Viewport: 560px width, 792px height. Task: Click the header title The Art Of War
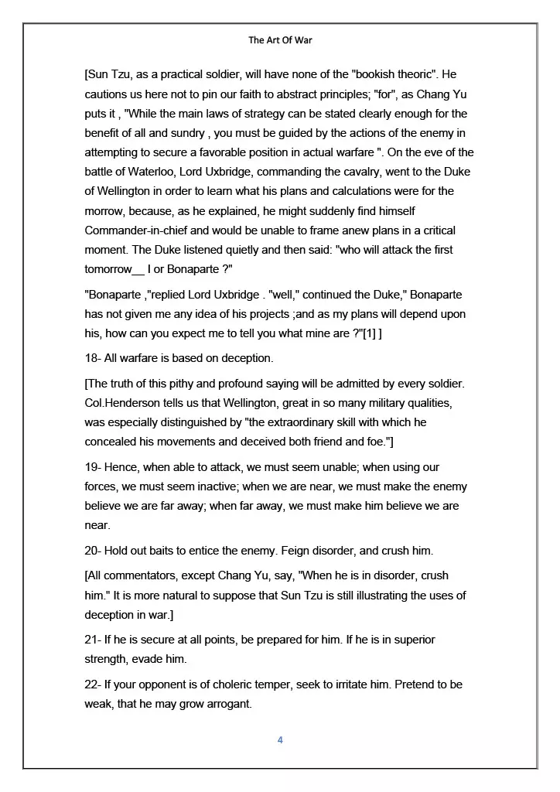tap(280, 40)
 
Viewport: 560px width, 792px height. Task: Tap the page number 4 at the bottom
tap(280, 740)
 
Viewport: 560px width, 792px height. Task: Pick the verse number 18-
tap(93, 358)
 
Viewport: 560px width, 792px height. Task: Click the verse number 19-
tap(93, 467)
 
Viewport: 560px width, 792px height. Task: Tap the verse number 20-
tap(94, 550)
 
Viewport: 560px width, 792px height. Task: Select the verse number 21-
tap(93, 640)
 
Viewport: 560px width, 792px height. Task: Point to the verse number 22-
tap(94, 684)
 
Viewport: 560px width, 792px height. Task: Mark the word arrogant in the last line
tap(227, 704)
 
